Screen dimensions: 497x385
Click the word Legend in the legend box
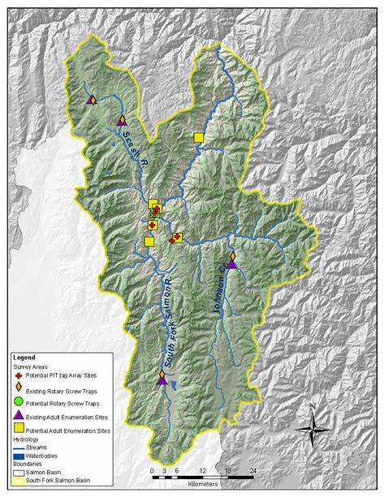25,357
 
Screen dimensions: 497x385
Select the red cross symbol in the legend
20,374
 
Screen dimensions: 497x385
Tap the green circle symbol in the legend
20,402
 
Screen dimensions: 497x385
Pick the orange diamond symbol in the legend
20,388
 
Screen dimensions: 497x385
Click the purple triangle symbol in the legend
20,415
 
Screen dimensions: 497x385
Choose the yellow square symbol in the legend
20,429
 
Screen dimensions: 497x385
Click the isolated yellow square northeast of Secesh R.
198,138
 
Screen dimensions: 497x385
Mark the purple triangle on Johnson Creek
231,263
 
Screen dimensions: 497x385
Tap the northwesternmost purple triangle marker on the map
90,99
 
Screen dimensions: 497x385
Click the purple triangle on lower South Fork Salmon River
162,379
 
